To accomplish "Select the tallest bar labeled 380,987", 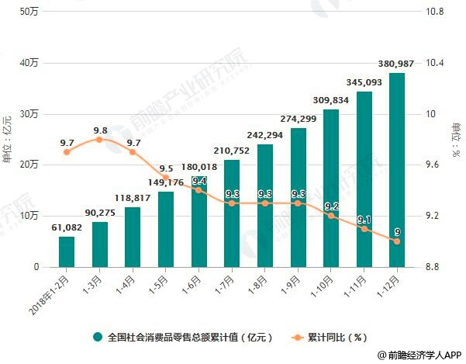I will tap(396, 170).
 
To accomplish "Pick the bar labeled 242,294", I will tap(264, 206).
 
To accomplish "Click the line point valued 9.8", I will tap(99, 139).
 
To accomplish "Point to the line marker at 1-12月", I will tap(396, 241).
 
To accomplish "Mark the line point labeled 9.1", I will tap(364, 228).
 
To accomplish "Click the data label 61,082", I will tap(66, 227).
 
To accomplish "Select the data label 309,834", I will tap(330, 100).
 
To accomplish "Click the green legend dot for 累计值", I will tap(98, 337).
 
